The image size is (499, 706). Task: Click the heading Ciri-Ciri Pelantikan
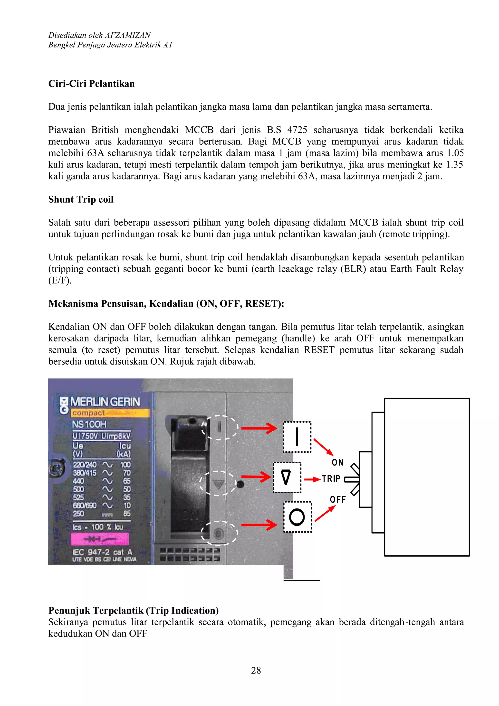click(x=91, y=84)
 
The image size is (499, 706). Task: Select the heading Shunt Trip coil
click(x=81, y=199)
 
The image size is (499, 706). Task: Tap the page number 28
click(x=256, y=670)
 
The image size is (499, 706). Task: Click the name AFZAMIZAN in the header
click(x=128, y=35)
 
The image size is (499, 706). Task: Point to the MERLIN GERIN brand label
click(x=105, y=402)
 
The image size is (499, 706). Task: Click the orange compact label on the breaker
click(x=110, y=413)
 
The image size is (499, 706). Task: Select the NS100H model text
click(x=89, y=424)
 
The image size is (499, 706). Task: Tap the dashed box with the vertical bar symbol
click(x=297, y=437)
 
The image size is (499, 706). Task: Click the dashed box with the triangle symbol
click(x=287, y=477)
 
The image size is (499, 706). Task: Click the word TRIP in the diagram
click(x=331, y=479)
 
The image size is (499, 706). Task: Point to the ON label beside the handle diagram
click(x=337, y=462)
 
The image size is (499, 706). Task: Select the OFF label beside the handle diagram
click(x=338, y=499)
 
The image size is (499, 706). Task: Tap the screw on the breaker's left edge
click(x=57, y=468)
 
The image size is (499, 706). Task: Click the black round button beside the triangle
click(x=240, y=485)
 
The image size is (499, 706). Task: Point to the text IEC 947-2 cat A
click(x=102, y=552)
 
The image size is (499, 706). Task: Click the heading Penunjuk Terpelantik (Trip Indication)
click(x=133, y=610)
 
